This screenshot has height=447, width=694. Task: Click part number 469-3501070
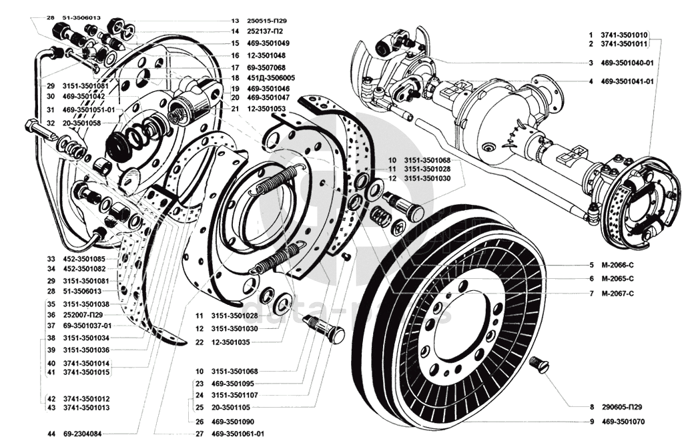623,422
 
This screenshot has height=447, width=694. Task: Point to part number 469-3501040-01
627,63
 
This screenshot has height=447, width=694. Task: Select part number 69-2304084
82,434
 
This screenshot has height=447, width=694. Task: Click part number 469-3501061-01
238,434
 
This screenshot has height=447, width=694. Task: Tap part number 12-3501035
230,342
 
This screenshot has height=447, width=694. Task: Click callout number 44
51,434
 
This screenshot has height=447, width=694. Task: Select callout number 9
591,422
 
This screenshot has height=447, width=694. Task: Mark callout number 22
200,342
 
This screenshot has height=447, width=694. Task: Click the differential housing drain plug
488,147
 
